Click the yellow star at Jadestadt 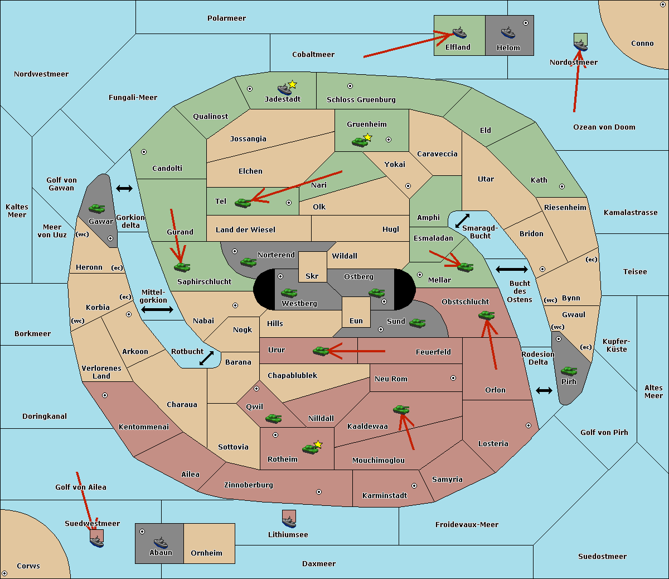(x=292, y=84)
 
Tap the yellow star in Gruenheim (x=367, y=137)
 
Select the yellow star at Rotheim (x=318, y=444)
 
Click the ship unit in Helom (x=507, y=32)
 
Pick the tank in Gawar (x=96, y=208)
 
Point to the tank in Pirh (x=569, y=371)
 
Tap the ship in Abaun (x=161, y=542)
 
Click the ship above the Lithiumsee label (x=289, y=519)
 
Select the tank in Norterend (x=248, y=262)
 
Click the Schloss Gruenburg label (x=361, y=100)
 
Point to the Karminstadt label (x=385, y=495)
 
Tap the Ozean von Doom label (x=604, y=127)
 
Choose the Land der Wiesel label (x=245, y=229)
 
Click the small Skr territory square (x=312, y=267)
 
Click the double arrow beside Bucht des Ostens (x=511, y=270)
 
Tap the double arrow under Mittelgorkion (x=157, y=309)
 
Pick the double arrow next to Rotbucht (x=207, y=358)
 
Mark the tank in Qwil (x=273, y=418)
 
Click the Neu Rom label (x=391, y=379)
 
